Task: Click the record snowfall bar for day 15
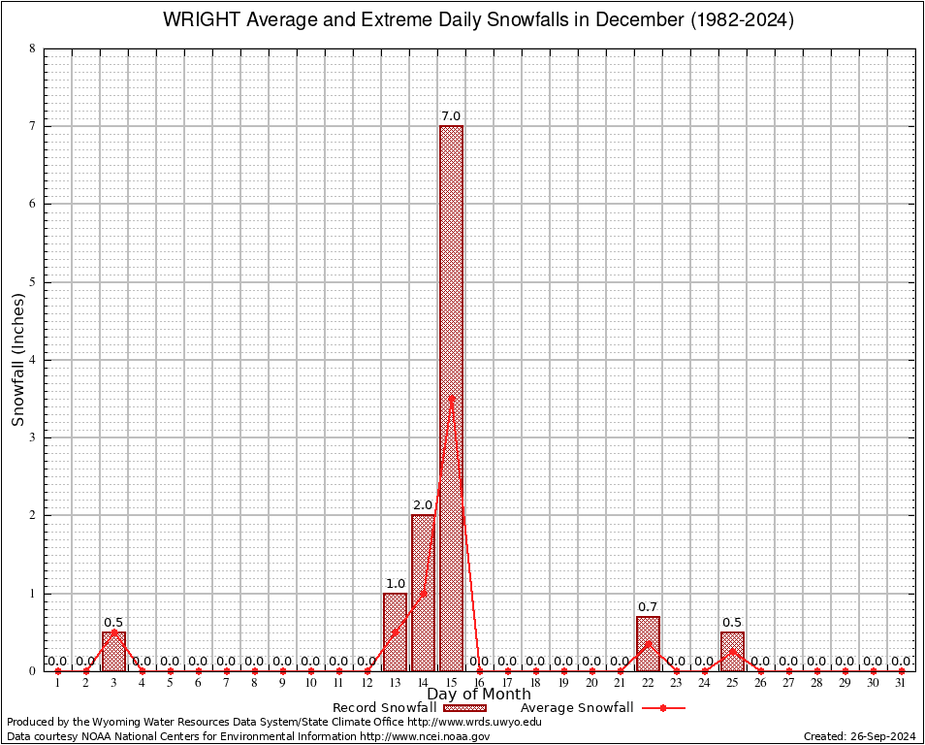tap(451, 398)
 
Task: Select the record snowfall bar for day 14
tap(423, 593)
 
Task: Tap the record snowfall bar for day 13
tap(395, 632)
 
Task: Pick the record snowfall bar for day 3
tap(113, 651)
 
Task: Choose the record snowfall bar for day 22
tap(648, 643)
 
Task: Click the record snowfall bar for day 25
tap(732, 651)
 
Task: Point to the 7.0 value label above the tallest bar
tap(451, 116)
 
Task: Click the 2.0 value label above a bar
tap(423, 505)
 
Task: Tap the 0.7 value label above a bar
tap(648, 607)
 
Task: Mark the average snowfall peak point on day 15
tap(451, 398)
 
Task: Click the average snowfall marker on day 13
tap(395, 632)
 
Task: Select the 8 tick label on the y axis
tap(33, 49)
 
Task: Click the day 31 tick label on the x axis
tap(902, 683)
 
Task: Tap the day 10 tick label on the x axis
tap(310, 683)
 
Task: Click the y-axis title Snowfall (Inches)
tap(18, 360)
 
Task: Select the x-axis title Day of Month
tap(479, 695)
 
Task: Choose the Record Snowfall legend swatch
tap(464, 708)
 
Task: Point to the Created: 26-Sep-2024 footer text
tap(860, 736)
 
